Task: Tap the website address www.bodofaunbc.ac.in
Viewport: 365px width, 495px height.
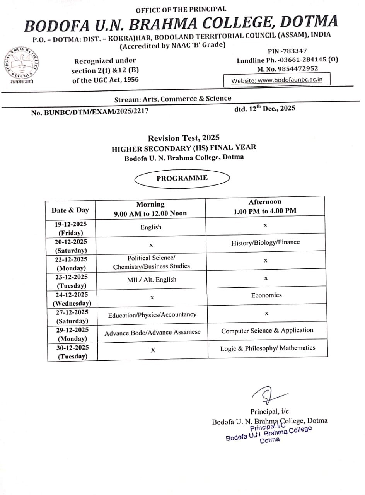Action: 276,80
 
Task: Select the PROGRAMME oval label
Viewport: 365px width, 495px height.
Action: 182,178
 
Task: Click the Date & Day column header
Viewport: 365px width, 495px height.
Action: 70,210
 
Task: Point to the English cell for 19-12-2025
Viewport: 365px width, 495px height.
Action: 151,227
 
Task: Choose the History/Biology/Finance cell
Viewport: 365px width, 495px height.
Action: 265,243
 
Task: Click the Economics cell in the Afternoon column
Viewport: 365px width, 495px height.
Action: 266,295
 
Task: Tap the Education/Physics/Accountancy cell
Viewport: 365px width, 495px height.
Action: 152,315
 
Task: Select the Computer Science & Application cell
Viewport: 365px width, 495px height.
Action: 267,330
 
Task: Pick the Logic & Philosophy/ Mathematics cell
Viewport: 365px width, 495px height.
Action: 268,348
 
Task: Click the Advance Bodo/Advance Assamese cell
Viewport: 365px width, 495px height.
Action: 152,333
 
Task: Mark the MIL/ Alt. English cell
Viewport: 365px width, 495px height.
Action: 152,280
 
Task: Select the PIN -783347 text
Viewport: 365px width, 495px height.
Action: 287,51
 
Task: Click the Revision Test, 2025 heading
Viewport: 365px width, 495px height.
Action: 184,138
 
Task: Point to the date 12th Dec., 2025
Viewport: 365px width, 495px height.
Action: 264,109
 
